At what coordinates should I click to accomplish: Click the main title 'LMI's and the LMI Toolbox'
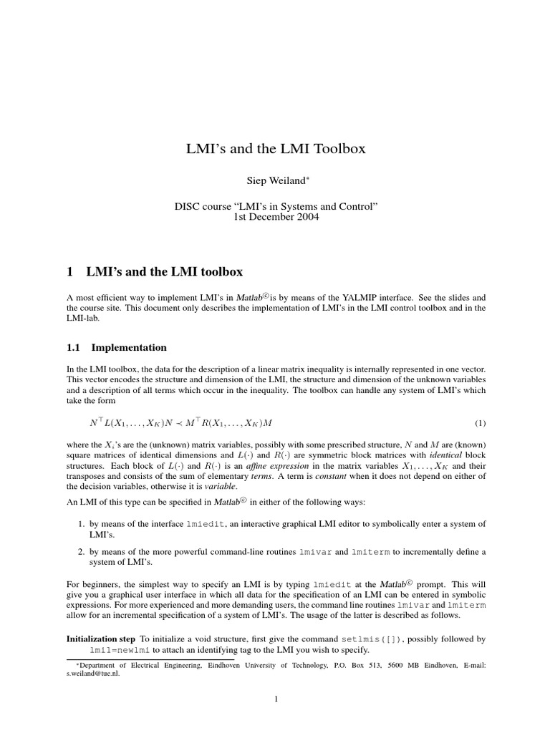pyautogui.click(x=276, y=149)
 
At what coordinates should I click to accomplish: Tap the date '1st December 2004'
pyautogui.click(x=276, y=218)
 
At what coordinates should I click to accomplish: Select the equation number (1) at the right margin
pyautogui.click(x=480, y=423)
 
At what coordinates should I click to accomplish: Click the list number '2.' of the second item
pyautogui.click(x=82, y=552)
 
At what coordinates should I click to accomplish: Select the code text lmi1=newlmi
pyautogui.click(x=120, y=650)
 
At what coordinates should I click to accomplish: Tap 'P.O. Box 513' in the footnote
pyautogui.click(x=360, y=666)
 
